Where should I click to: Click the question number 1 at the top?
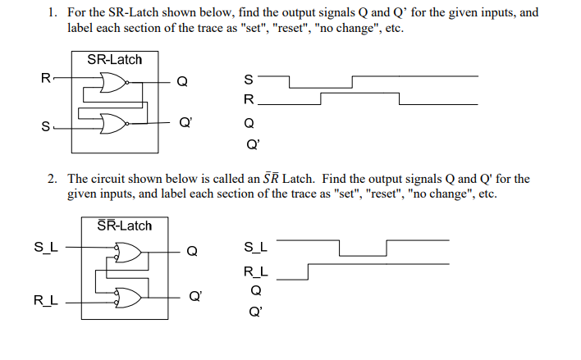point(51,12)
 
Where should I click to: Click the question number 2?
point(51,178)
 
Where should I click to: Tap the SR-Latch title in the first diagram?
point(114,60)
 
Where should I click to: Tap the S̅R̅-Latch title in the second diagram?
point(124,225)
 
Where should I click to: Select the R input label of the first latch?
point(46,79)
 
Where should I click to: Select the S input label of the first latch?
point(45,125)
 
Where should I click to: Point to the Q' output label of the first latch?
point(185,123)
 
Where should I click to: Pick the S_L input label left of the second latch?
point(45,244)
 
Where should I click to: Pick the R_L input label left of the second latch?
point(45,300)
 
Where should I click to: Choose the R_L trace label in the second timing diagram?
point(255,271)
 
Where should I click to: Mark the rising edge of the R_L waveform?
point(308,271)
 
